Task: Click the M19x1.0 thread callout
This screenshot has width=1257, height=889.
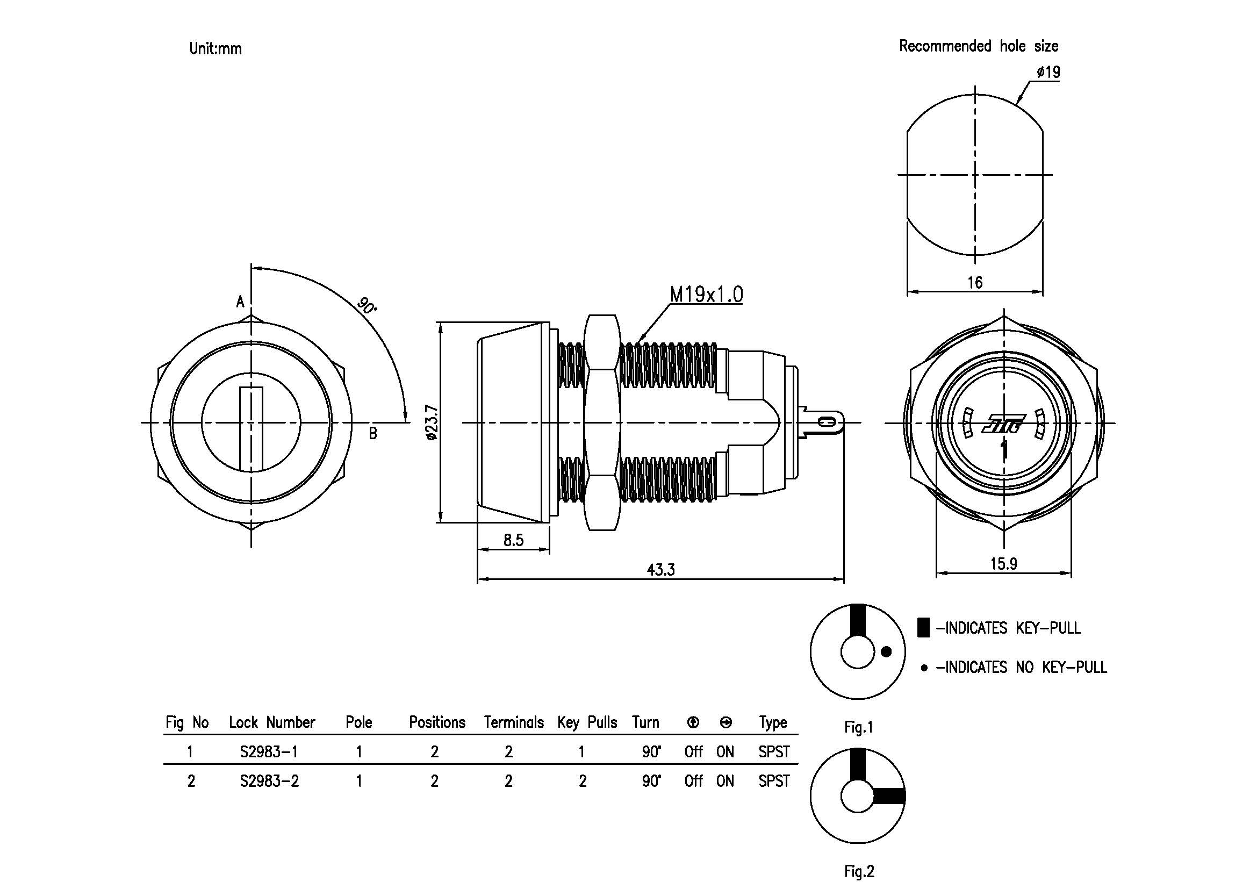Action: point(706,295)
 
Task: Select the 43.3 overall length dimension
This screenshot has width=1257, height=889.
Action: point(661,570)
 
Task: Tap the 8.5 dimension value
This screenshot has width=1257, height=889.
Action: point(514,540)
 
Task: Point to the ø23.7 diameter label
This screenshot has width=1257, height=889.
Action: point(432,422)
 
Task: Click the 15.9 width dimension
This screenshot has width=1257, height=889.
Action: point(1003,564)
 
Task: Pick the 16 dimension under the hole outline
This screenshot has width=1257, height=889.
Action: point(975,283)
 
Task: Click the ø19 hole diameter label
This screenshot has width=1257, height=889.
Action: point(1048,72)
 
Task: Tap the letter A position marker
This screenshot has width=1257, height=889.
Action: point(240,302)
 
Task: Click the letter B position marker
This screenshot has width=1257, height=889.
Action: point(373,434)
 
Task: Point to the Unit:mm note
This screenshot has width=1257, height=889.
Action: point(215,49)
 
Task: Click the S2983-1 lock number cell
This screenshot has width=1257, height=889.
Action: point(269,751)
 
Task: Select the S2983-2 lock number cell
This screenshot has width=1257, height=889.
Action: point(269,781)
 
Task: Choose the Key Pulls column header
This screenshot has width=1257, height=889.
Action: point(587,722)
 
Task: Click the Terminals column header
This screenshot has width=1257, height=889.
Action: point(514,722)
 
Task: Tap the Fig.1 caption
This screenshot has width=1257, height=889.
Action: point(858,727)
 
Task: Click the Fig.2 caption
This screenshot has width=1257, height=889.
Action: point(859,871)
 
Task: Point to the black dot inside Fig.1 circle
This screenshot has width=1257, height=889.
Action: point(886,651)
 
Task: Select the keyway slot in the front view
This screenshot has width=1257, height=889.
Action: point(252,428)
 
